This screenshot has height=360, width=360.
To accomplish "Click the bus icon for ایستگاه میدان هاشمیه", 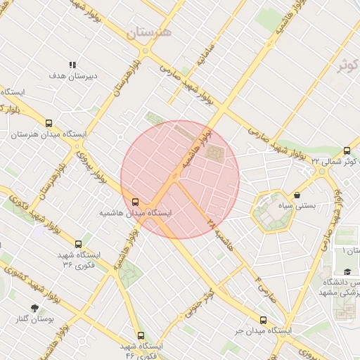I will pyautogui.click(x=136, y=202).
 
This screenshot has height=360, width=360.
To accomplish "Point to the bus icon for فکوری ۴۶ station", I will pyautogui.click(x=141, y=336).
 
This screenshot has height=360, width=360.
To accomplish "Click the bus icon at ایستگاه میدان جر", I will pyautogui.click(x=264, y=320).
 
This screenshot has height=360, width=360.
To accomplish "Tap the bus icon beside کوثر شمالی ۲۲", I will pyautogui.click(x=347, y=150).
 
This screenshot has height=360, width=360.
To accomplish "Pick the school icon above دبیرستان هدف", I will pyautogui.click(x=72, y=64).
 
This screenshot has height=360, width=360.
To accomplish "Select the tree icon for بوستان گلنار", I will pyautogui.click(x=34, y=308).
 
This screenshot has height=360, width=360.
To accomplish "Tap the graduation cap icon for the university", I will pyautogui.click(x=347, y=271).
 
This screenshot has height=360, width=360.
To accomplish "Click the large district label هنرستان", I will pyautogui.click(x=149, y=33).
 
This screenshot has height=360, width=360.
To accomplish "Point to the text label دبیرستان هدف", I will pyautogui.click(x=67, y=75).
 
